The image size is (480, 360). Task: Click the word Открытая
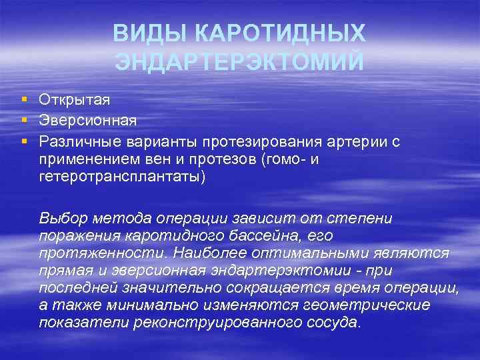75,100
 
